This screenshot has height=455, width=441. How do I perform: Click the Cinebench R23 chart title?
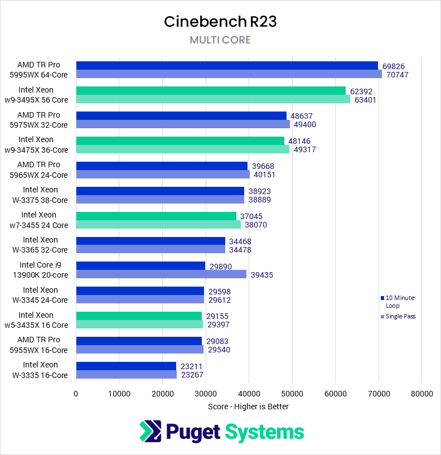pyautogui.click(x=220, y=21)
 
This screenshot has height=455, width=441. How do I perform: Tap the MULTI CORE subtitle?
pyautogui.click(x=220, y=40)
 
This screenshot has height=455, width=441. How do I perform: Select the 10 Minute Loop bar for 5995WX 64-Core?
pyautogui.click(x=227, y=65)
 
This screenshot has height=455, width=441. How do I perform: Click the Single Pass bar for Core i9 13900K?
pyautogui.click(x=161, y=274)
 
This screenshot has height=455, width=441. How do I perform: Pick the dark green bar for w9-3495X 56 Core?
pyautogui.click(x=211, y=90)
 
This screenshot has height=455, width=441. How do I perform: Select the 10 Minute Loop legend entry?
pyautogui.click(x=399, y=302)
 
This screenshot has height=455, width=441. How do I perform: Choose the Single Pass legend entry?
pyautogui.click(x=400, y=316)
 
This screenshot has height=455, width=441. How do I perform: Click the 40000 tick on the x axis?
pyautogui.click(x=249, y=393)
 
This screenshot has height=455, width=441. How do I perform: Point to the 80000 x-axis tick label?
pyautogui.click(x=421, y=393)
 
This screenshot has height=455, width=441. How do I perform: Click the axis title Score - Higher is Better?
pyautogui.click(x=248, y=406)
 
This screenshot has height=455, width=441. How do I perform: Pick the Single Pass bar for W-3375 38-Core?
pyautogui.click(x=160, y=199)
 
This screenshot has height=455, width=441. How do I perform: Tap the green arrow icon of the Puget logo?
pyautogui.click(x=148, y=432)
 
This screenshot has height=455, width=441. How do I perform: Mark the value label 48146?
pyautogui.click(x=300, y=141)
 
